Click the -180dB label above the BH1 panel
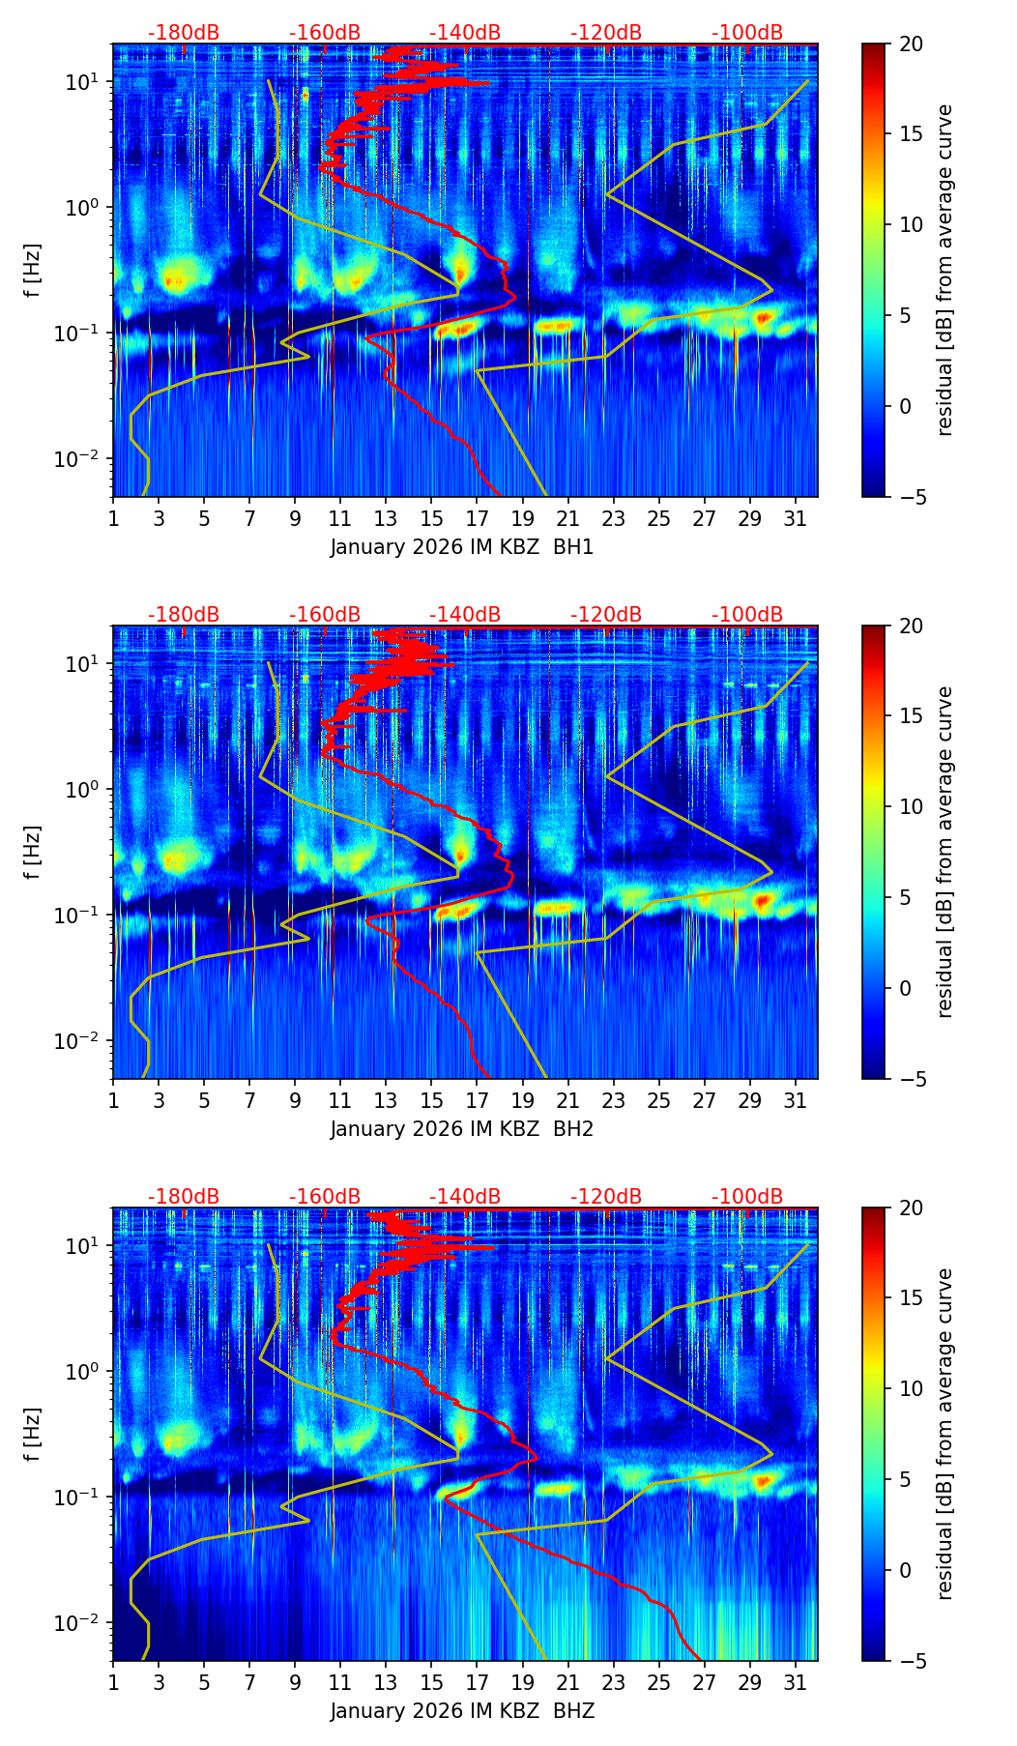click(184, 33)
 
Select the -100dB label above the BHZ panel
click(747, 1197)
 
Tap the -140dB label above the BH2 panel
click(465, 615)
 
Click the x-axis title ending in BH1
click(462, 547)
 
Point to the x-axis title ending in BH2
click(462, 1129)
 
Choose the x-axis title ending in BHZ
click(462, 1711)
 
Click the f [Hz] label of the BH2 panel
click(33, 853)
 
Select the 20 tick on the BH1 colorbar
click(911, 44)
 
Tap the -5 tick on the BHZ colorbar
click(911, 1661)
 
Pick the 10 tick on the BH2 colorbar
click(911, 807)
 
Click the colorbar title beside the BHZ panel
click(944, 1434)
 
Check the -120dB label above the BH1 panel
click(606, 33)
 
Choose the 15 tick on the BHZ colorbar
click(911, 1298)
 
